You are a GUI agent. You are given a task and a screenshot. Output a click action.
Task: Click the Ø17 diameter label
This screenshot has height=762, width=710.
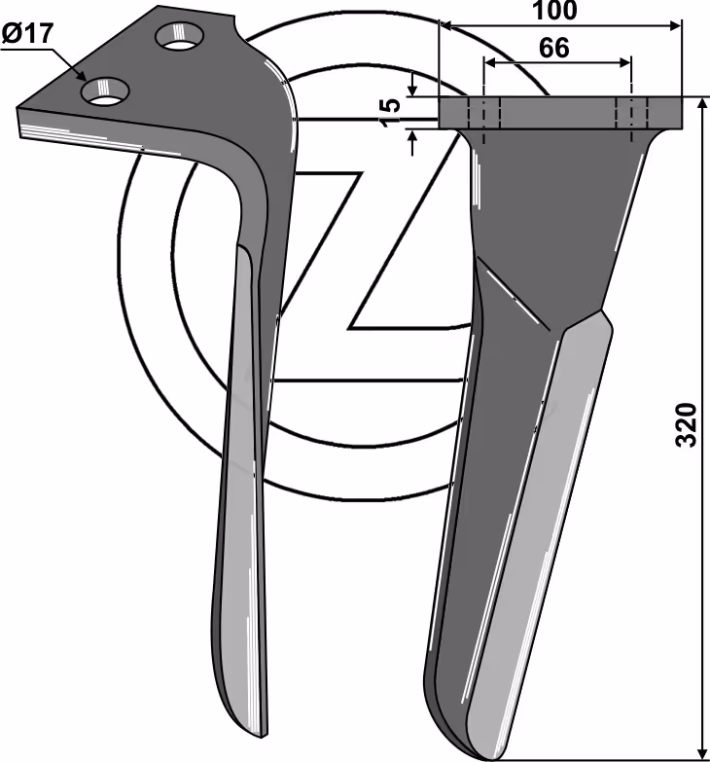point(27,34)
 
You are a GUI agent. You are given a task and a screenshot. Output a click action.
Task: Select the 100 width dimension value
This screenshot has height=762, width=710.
point(554,11)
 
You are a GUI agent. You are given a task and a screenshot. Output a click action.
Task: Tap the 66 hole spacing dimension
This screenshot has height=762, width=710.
point(554,48)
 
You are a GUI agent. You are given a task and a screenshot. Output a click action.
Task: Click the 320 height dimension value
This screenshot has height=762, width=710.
point(687,423)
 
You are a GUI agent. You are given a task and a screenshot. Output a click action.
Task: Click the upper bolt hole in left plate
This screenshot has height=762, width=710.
point(180,36)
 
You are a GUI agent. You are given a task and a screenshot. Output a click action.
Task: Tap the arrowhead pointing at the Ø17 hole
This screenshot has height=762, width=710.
point(81,74)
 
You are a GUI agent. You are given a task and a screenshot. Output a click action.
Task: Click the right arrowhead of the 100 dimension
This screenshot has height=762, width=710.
point(676,25)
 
